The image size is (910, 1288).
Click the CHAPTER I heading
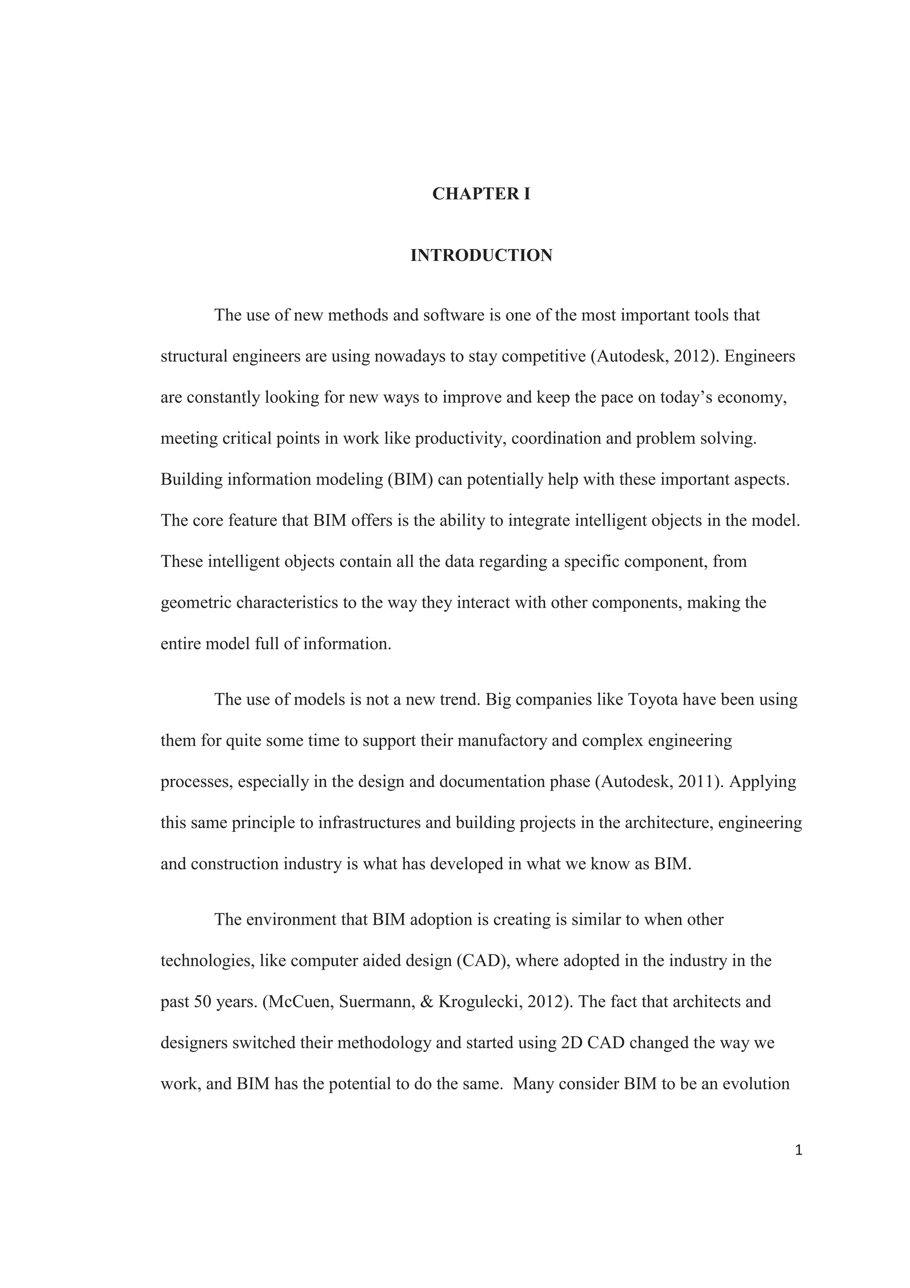pyautogui.click(x=481, y=194)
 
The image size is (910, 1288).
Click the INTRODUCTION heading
pyautogui.click(x=481, y=256)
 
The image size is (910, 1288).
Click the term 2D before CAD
pyautogui.click(x=571, y=1043)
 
